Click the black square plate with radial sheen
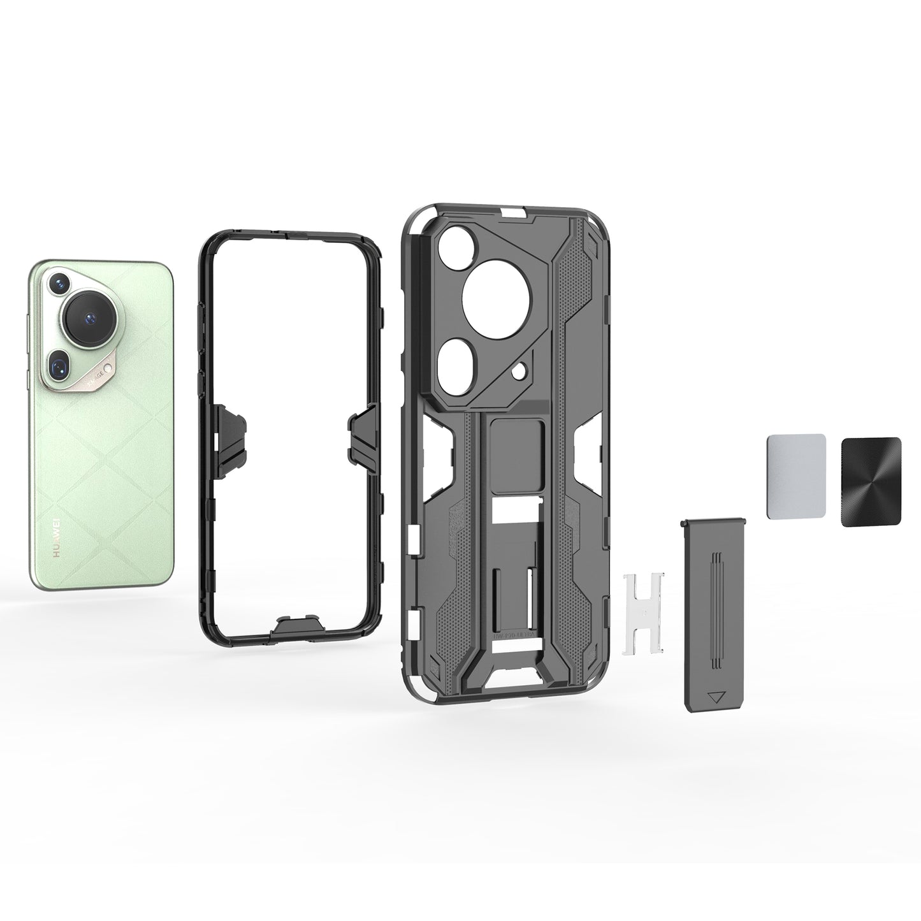871,481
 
